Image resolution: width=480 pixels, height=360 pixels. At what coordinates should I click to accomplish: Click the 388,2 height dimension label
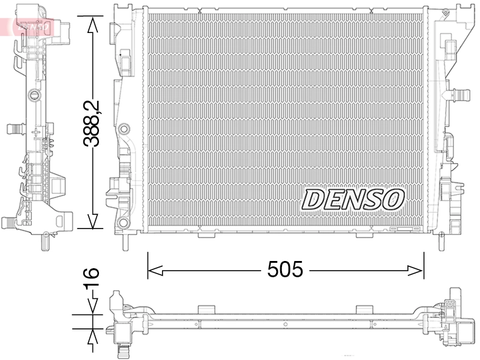(92, 124)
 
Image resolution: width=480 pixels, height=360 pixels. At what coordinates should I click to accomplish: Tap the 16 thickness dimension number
(91, 281)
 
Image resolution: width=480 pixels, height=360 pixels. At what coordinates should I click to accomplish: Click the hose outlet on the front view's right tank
(460, 94)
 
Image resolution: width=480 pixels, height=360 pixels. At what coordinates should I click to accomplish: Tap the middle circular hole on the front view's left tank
(124, 128)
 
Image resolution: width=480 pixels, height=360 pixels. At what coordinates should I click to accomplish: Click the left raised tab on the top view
(206, 309)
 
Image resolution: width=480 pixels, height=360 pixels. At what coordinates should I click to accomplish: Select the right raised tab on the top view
(364, 309)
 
